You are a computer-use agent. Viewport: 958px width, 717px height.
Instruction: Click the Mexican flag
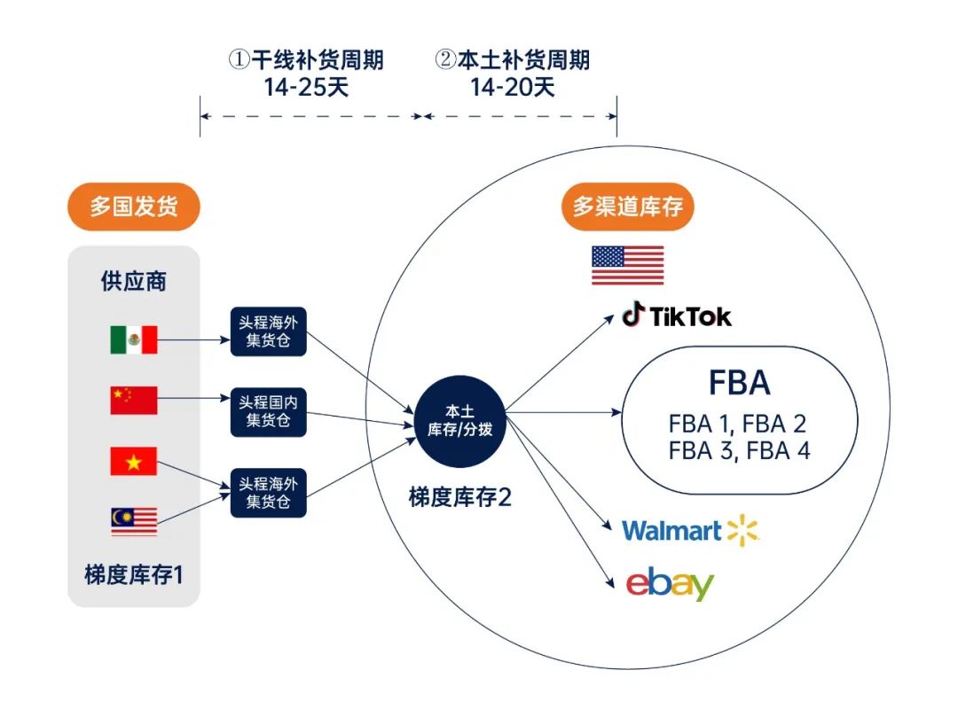tap(134, 339)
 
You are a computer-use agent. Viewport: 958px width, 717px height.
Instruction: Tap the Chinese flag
tap(134, 401)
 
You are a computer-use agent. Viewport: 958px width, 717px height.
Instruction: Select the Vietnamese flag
tap(134, 461)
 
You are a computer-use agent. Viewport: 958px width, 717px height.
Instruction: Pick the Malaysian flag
tap(134, 521)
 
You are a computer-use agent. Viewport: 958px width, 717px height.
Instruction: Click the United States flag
tap(628, 266)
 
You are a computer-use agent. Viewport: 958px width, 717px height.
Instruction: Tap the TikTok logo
tap(677, 316)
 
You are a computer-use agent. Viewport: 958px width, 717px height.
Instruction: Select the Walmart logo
tap(691, 531)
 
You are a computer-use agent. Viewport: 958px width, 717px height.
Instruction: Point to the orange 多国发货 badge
tap(134, 207)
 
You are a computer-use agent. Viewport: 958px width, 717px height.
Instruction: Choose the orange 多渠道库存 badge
tap(628, 207)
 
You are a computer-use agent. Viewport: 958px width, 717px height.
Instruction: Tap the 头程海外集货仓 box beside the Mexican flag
tap(268, 331)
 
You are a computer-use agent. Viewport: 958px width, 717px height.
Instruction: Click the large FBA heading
tap(739, 383)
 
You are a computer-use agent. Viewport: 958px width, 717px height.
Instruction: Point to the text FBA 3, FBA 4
tap(739, 450)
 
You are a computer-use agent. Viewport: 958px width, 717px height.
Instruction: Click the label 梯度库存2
tap(459, 497)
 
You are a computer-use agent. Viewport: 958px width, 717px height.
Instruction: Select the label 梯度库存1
tap(134, 575)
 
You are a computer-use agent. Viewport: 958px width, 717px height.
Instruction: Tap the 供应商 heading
tap(134, 282)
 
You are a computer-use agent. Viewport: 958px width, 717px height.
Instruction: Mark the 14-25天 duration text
tap(306, 87)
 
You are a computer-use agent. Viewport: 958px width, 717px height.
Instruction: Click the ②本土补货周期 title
tap(512, 60)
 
